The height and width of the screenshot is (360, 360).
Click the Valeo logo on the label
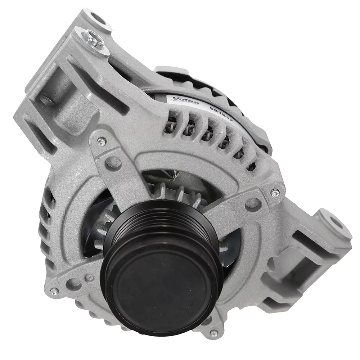(185, 100)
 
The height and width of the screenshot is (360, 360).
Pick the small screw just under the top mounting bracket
(102, 142)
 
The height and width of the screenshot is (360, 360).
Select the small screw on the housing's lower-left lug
(54, 290)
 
